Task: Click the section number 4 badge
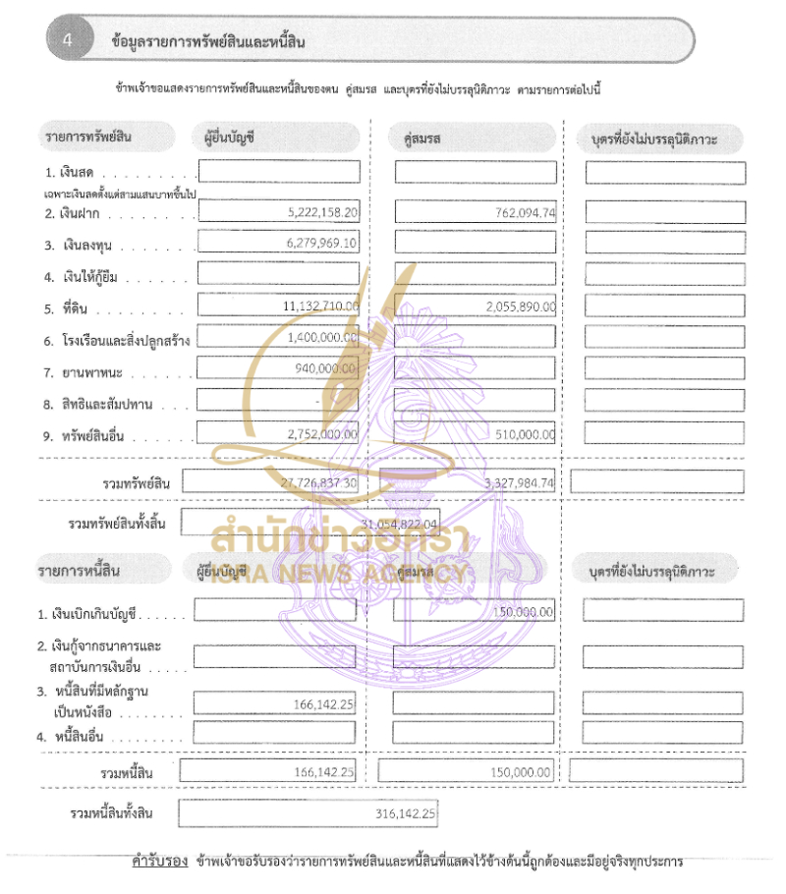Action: [x=67, y=40]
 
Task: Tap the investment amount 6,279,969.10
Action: [x=323, y=243]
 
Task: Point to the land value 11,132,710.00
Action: [x=320, y=307]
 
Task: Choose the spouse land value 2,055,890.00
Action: [x=520, y=307]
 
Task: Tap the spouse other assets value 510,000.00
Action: [x=527, y=433]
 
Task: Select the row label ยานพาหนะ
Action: [x=89, y=372]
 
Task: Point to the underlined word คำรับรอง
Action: [x=159, y=862]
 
